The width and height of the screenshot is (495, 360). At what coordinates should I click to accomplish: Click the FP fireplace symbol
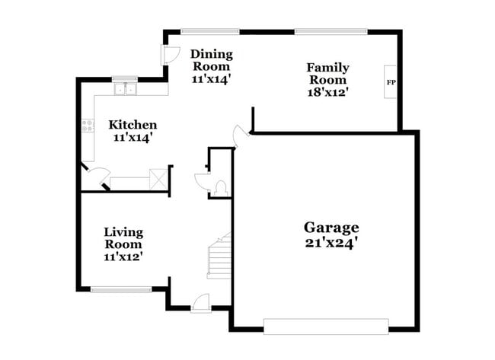click(x=391, y=82)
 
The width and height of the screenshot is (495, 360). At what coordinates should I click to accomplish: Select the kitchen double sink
click(x=125, y=90)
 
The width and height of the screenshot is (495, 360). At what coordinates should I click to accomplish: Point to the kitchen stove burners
click(x=88, y=126)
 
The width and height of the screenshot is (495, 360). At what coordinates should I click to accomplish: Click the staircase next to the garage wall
click(x=219, y=258)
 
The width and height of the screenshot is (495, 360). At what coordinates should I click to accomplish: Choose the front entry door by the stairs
click(x=201, y=303)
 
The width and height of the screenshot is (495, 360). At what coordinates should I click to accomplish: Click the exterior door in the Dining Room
click(x=169, y=56)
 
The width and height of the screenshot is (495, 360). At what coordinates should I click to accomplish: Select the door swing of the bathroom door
click(x=203, y=181)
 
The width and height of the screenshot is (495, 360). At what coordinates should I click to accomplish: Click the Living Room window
click(x=121, y=289)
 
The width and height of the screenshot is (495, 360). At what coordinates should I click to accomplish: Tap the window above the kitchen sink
click(x=125, y=78)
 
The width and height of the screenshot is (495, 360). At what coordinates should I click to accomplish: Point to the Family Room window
click(x=331, y=31)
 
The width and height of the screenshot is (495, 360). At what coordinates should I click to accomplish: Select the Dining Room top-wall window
click(x=209, y=31)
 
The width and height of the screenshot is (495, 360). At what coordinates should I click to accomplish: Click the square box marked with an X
click(x=158, y=179)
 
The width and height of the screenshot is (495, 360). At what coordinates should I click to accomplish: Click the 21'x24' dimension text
click(x=331, y=244)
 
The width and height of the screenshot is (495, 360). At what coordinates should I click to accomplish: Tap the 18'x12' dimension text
click(x=327, y=92)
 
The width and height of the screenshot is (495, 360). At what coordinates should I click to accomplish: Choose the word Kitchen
click(x=133, y=125)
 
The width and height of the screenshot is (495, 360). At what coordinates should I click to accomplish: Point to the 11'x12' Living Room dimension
click(x=123, y=257)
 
